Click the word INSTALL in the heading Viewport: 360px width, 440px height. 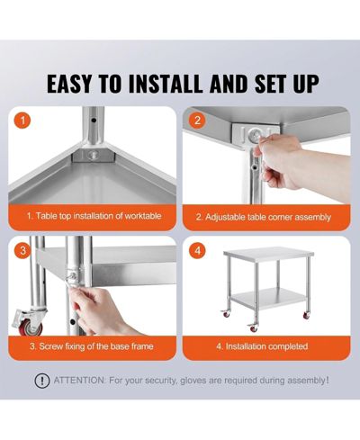166,84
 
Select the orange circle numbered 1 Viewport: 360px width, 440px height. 22,121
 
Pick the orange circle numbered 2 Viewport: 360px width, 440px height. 197,121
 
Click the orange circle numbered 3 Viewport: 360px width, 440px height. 22,250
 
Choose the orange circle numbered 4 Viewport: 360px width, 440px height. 197,250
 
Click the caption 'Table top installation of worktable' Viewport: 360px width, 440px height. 94,216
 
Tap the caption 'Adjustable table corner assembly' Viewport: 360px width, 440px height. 264,217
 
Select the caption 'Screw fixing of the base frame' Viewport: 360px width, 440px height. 92,346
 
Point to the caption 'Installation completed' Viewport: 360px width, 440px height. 262,346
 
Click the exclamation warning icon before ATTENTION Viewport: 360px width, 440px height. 42,381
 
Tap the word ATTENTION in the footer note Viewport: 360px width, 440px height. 79,381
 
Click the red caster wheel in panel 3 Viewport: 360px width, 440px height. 30,327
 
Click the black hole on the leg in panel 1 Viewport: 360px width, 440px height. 94,121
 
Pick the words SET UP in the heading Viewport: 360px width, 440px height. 286,84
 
